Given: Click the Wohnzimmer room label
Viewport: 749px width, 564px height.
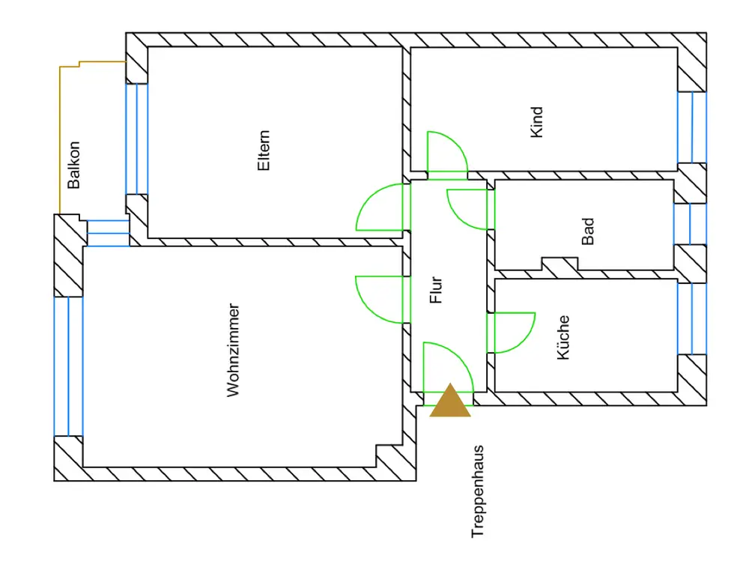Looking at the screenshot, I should click(234, 350).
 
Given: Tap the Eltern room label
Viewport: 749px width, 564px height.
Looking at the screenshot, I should click(264, 152).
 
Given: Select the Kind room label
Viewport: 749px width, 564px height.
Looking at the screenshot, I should click(536, 121).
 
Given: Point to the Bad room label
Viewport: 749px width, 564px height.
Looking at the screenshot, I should click(588, 231).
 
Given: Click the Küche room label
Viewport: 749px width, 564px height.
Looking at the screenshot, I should click(564, 337).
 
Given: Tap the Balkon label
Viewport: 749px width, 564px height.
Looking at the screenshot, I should click(73, 165).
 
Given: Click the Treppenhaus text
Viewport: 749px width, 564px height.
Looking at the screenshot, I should click(477, 492).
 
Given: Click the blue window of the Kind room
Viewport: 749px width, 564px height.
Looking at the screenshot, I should click(692, 127).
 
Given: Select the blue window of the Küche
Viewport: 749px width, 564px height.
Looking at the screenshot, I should click(692, 318).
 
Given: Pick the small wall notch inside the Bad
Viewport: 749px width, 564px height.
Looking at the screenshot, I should click(560, 264).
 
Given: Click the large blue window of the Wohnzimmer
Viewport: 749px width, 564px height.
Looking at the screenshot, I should click(68, 366).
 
